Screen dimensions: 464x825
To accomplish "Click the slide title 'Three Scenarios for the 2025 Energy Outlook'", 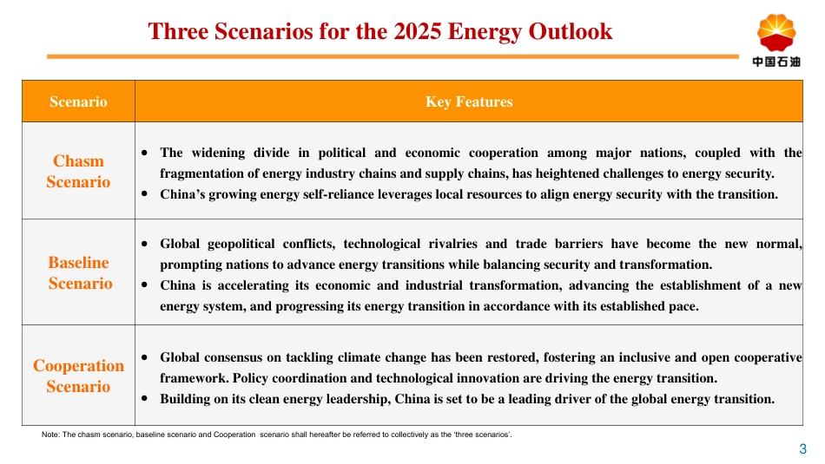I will (380, 32).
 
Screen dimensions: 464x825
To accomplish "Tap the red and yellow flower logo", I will (775, 33).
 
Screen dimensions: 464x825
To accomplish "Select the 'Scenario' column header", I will (78, 102).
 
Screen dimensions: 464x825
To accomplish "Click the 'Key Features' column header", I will (469, 102).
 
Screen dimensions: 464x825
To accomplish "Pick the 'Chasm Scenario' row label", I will (78, 171).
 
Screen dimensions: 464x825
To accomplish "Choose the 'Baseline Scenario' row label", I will (79, 272).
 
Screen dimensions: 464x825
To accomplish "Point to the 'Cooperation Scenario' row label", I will (78, 376).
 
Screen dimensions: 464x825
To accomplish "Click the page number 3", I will (802, 449).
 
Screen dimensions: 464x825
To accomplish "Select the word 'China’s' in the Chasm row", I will (182, 194).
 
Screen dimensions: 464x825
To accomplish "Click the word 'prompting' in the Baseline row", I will (188, 265).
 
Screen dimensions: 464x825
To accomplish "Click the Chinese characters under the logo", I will (775, 62).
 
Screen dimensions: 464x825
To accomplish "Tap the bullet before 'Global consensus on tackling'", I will (144, 357).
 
